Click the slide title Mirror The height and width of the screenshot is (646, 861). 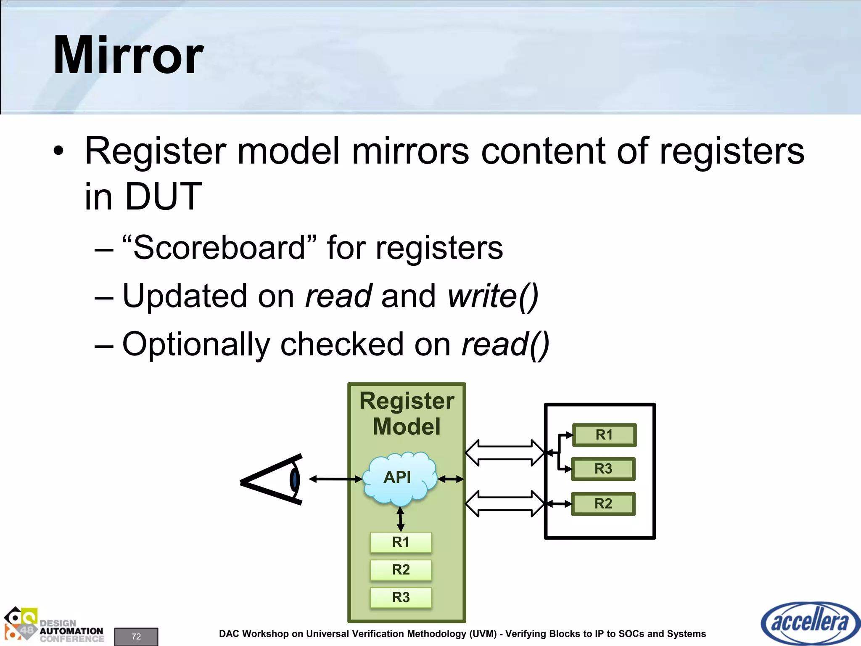point(128,56)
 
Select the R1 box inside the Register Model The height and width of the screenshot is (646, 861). point(401,542)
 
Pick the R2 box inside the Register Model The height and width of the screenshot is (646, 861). point(401,569)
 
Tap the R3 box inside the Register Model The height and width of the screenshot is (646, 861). point(401,597)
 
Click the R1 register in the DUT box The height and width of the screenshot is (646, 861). point(604,435)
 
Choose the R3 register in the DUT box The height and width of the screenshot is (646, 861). point(603,469)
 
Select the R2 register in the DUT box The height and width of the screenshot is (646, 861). point(603,503)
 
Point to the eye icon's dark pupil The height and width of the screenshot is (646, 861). point(295,479)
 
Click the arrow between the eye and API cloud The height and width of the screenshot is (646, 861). point(335,479)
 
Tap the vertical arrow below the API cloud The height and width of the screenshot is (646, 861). point(400,519)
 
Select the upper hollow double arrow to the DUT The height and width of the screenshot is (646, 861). point(505,453)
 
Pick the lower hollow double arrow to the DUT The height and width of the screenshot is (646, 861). point(505,503)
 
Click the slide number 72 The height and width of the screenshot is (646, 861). point(136,636)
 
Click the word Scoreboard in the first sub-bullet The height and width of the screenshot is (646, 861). point(219,248)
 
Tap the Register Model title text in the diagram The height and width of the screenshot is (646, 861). point(407,413)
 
